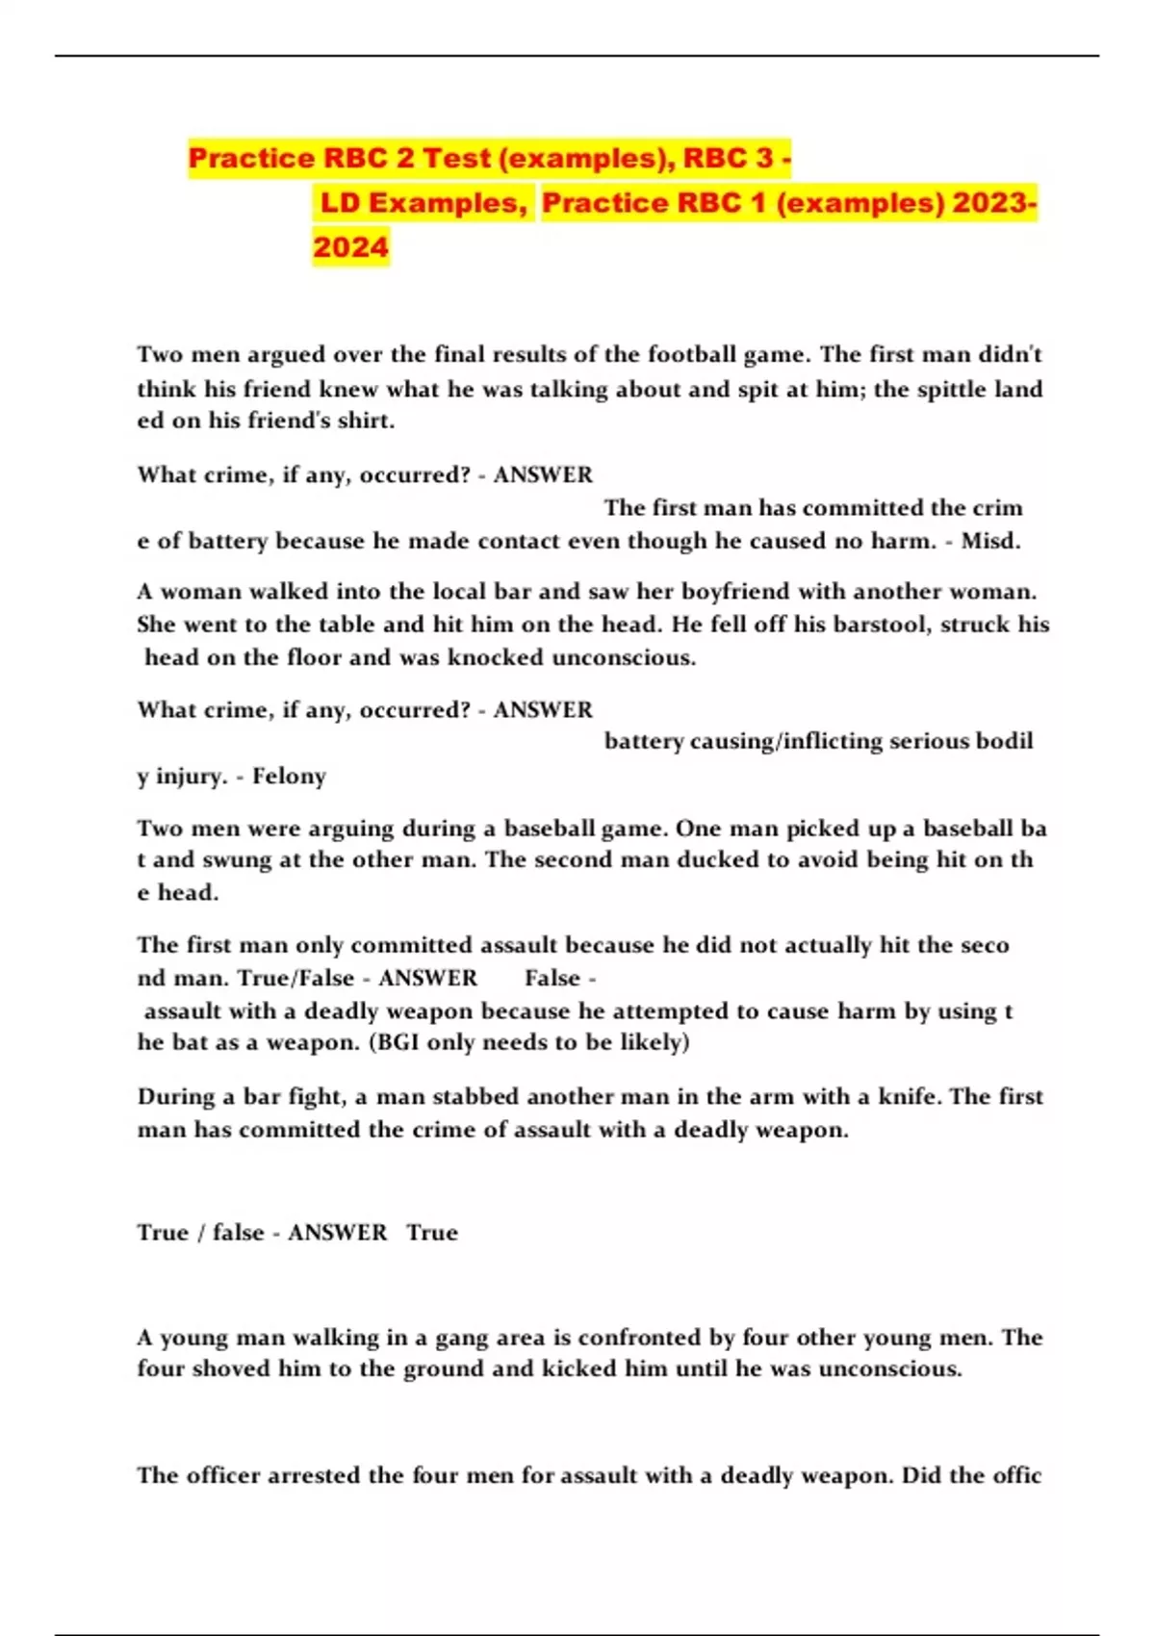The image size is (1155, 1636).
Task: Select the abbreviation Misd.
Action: point(990,541)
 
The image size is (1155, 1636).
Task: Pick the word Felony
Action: point(289,777)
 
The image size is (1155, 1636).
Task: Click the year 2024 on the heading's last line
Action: point(350,247)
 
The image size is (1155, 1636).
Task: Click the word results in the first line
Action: point(529,355)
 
